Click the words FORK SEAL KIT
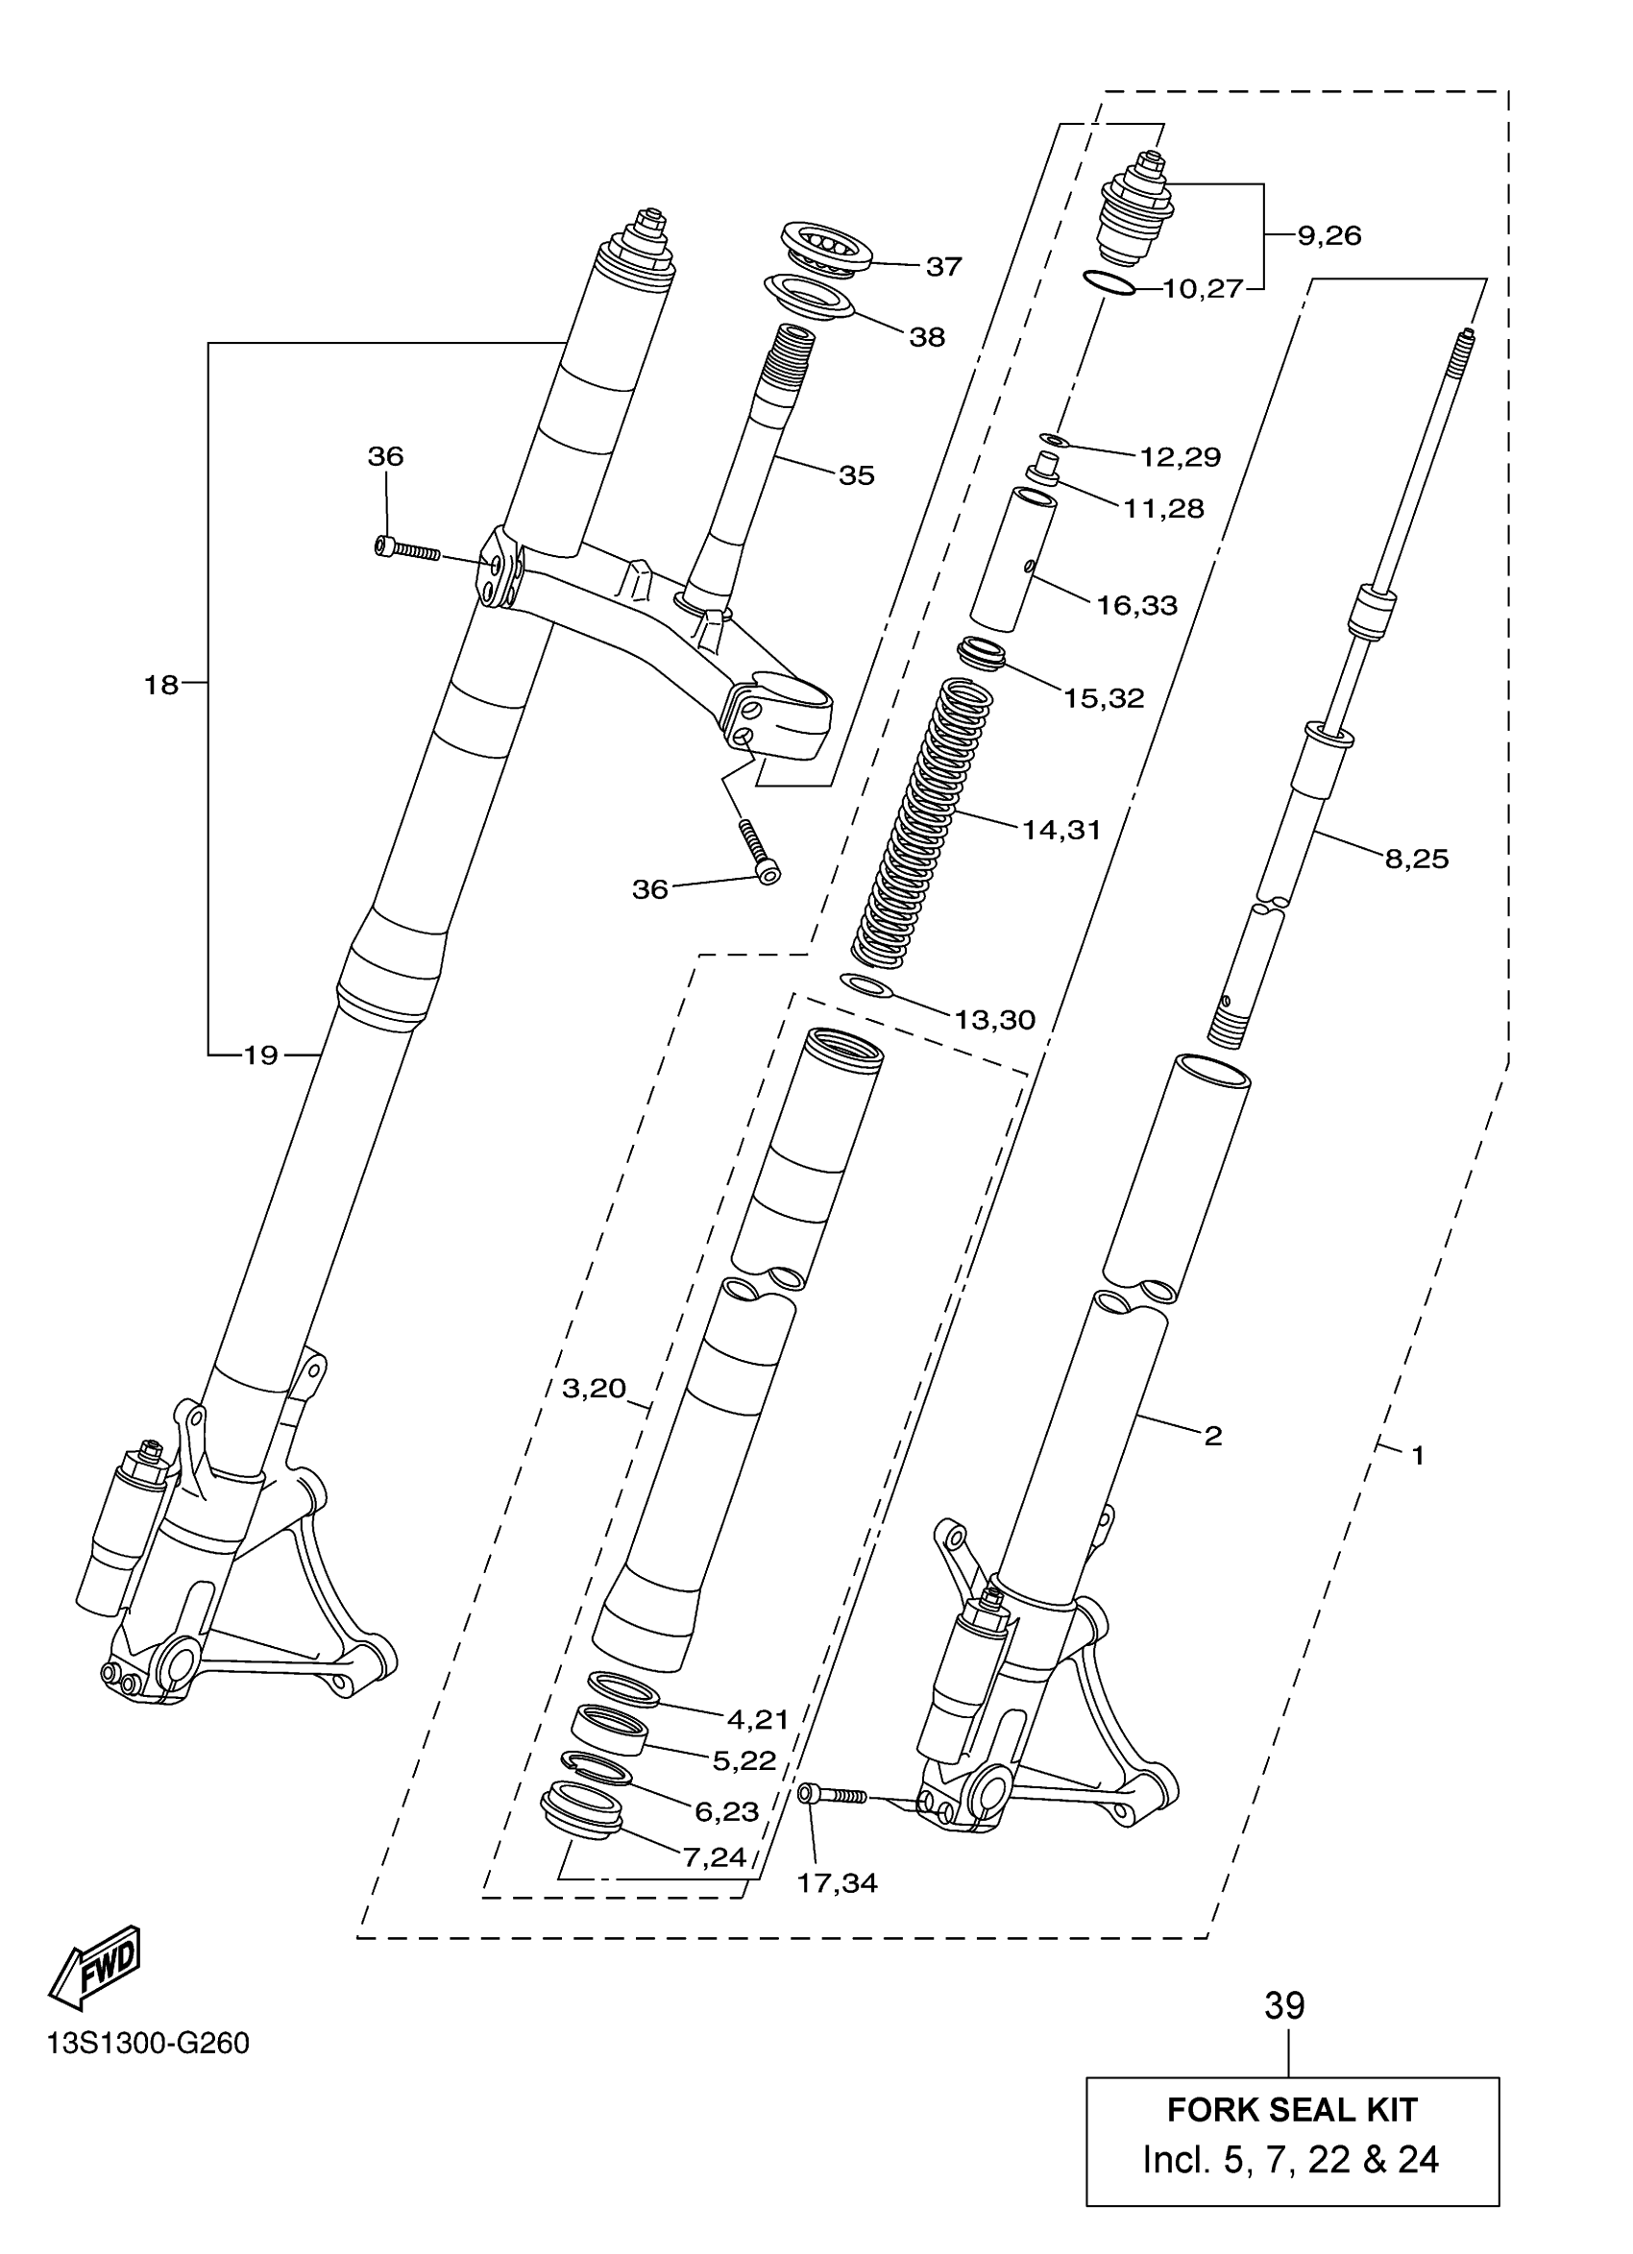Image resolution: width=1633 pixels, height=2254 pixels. [x=1291, y=2109]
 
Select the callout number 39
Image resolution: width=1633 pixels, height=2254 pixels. [x=1284, y=2005]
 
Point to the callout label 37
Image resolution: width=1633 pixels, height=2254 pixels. [x=943, y=266]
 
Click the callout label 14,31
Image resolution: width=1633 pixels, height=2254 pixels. [x=1061, y=829]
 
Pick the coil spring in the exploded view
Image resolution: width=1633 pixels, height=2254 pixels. [x=923, y=820]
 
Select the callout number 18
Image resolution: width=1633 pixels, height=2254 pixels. [x=161, y=684]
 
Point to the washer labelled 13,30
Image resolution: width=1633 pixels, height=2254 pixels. [x=866, y=985]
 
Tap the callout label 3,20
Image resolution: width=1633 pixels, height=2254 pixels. [x=594, y=1388]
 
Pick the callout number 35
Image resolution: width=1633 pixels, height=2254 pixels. [x=856, y=475]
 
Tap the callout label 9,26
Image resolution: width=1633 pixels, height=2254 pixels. [x=1328, y=235]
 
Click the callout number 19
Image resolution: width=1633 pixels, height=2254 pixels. [x=260, y=1054]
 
